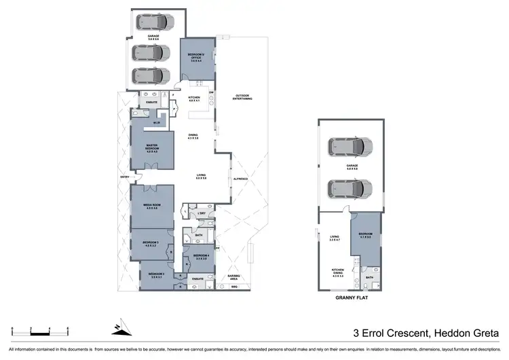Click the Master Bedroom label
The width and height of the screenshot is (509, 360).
click(x=151, y=147)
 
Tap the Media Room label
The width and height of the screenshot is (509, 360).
click(x=151, y=206)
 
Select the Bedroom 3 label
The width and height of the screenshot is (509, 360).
click(x=150, y=243)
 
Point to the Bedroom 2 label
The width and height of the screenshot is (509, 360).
click(x=157, y=276)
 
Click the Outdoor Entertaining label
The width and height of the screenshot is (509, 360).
click(x=244, y=97)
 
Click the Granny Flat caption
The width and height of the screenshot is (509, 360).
click(x=351, y=298)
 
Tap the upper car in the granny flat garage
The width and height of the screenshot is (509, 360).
click(x=350, y=145)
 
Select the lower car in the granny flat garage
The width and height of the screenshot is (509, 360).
click(x=350, y=187)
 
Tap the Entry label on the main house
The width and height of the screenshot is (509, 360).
click(x=124, y=177)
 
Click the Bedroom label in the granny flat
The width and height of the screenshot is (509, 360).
click(x=365, y=236)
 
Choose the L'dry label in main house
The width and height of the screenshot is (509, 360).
click(x=202, y=215)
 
